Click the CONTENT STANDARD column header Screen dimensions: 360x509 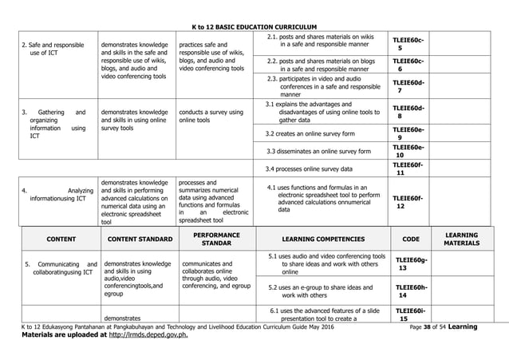tap(140, 239)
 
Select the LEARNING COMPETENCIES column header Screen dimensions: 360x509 tap(323, 239)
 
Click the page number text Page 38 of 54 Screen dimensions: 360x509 tap(430, 327)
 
